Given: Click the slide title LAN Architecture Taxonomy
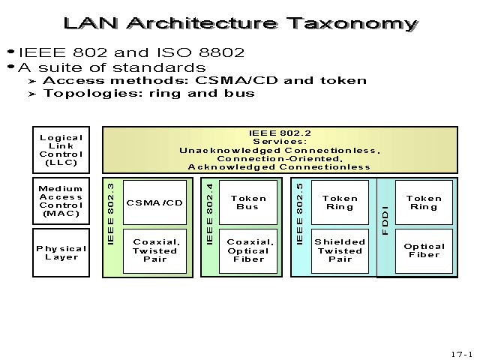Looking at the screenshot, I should (x=240, y=22).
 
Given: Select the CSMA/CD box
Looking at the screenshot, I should (x=154, y=202).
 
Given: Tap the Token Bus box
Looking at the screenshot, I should (x=247, y=202).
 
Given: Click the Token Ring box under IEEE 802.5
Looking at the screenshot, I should (x=340, y=202).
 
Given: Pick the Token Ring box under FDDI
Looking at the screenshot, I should (x=424, y=202).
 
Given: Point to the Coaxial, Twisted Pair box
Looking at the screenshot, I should (x=154, y=250).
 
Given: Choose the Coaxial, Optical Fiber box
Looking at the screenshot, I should (x=247, y=250).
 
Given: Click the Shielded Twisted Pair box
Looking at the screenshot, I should (x=340, y=250).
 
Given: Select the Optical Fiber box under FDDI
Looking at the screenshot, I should (x=424, y=250).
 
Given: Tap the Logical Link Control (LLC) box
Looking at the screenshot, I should (x=61, y=149).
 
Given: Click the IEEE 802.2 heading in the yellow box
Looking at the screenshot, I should (x=279, y=133).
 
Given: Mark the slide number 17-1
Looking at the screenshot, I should (x=461, y=353).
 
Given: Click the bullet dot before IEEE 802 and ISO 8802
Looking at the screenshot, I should (x=10, y=52).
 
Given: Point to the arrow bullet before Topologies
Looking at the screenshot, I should (x=31, y=94).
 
